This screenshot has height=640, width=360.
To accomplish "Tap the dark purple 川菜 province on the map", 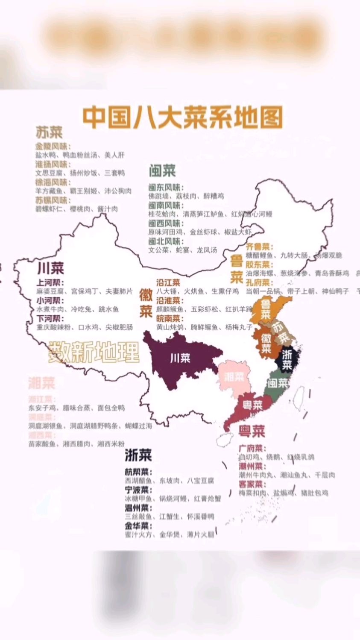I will pos(179,358).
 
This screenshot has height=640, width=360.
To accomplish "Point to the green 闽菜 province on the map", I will pos(278,383).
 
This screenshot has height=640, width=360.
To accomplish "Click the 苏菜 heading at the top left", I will pos(49,132).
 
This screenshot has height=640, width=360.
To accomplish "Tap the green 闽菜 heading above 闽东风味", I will pos(162,171).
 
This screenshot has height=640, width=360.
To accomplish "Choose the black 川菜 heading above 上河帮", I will pos(50,269).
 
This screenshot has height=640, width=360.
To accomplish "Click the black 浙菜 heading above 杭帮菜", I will pos(138,455).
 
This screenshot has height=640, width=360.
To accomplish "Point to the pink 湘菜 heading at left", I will pos(42,383).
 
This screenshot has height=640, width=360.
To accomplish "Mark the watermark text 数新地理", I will pos(94,352).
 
